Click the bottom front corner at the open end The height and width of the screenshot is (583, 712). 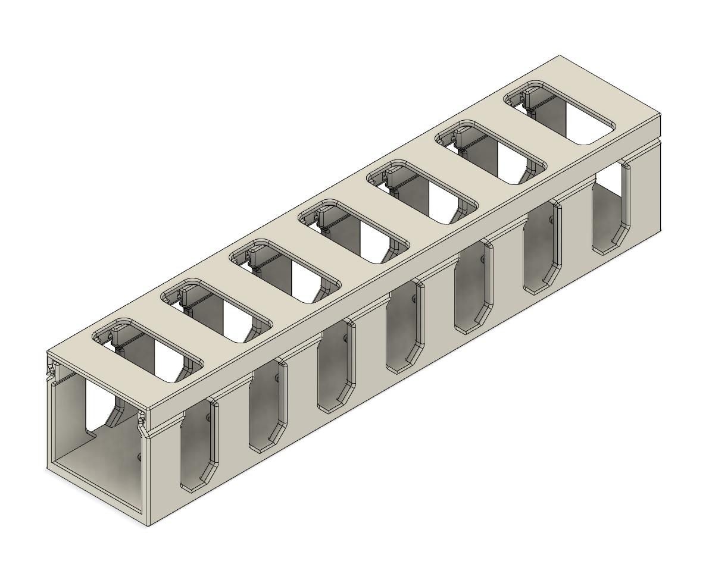pyautogui.click(x=148, y=524)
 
